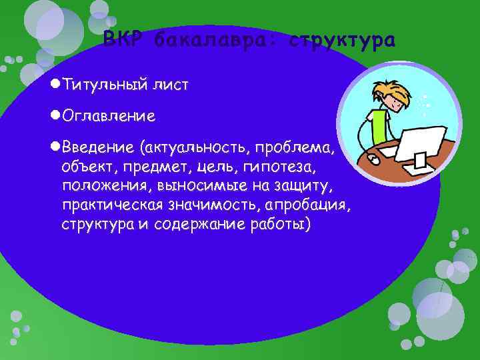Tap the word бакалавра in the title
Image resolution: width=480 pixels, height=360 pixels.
click(x=215, y=41)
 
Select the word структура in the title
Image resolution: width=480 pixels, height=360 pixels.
click(x=343, y=41)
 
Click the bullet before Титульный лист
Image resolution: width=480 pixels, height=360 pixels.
click(x=55, y=85)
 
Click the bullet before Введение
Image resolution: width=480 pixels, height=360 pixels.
click(x=55, y=146)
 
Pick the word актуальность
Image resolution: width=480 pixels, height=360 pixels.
click(x=194, y=146)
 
